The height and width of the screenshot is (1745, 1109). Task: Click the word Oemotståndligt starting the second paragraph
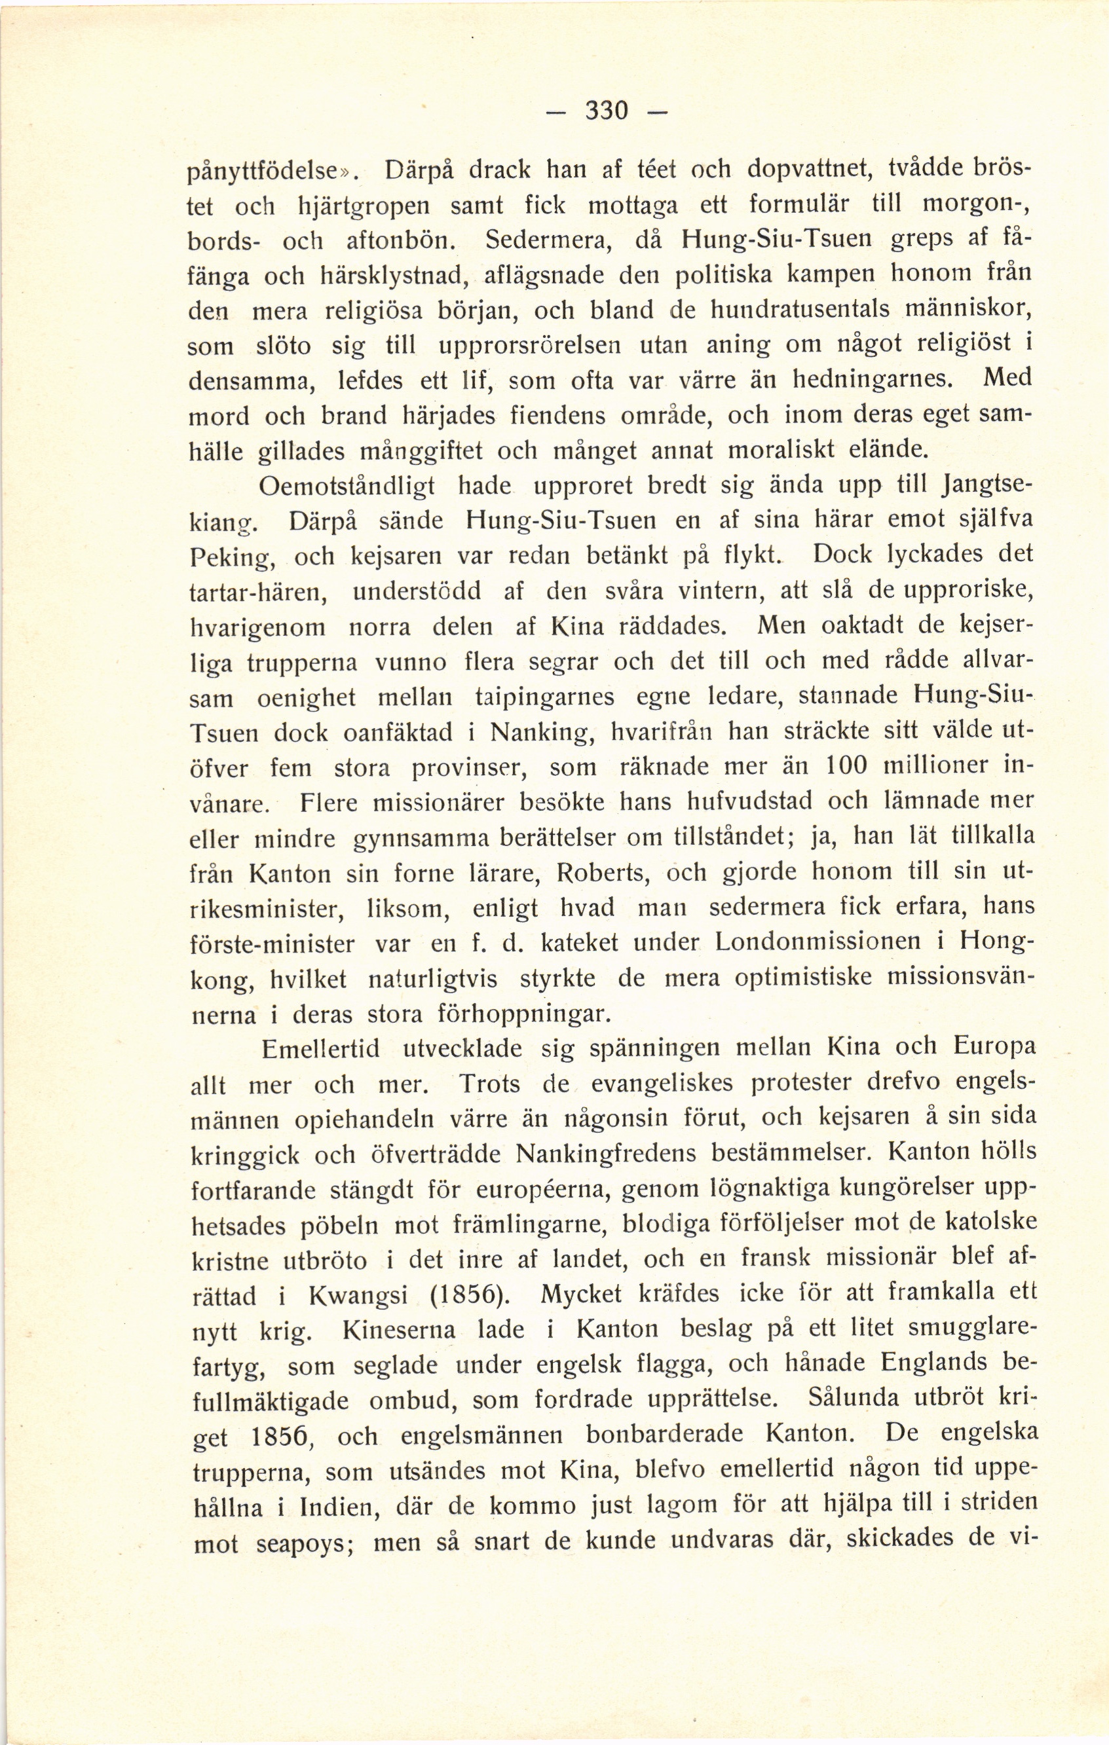coord(347,487)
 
